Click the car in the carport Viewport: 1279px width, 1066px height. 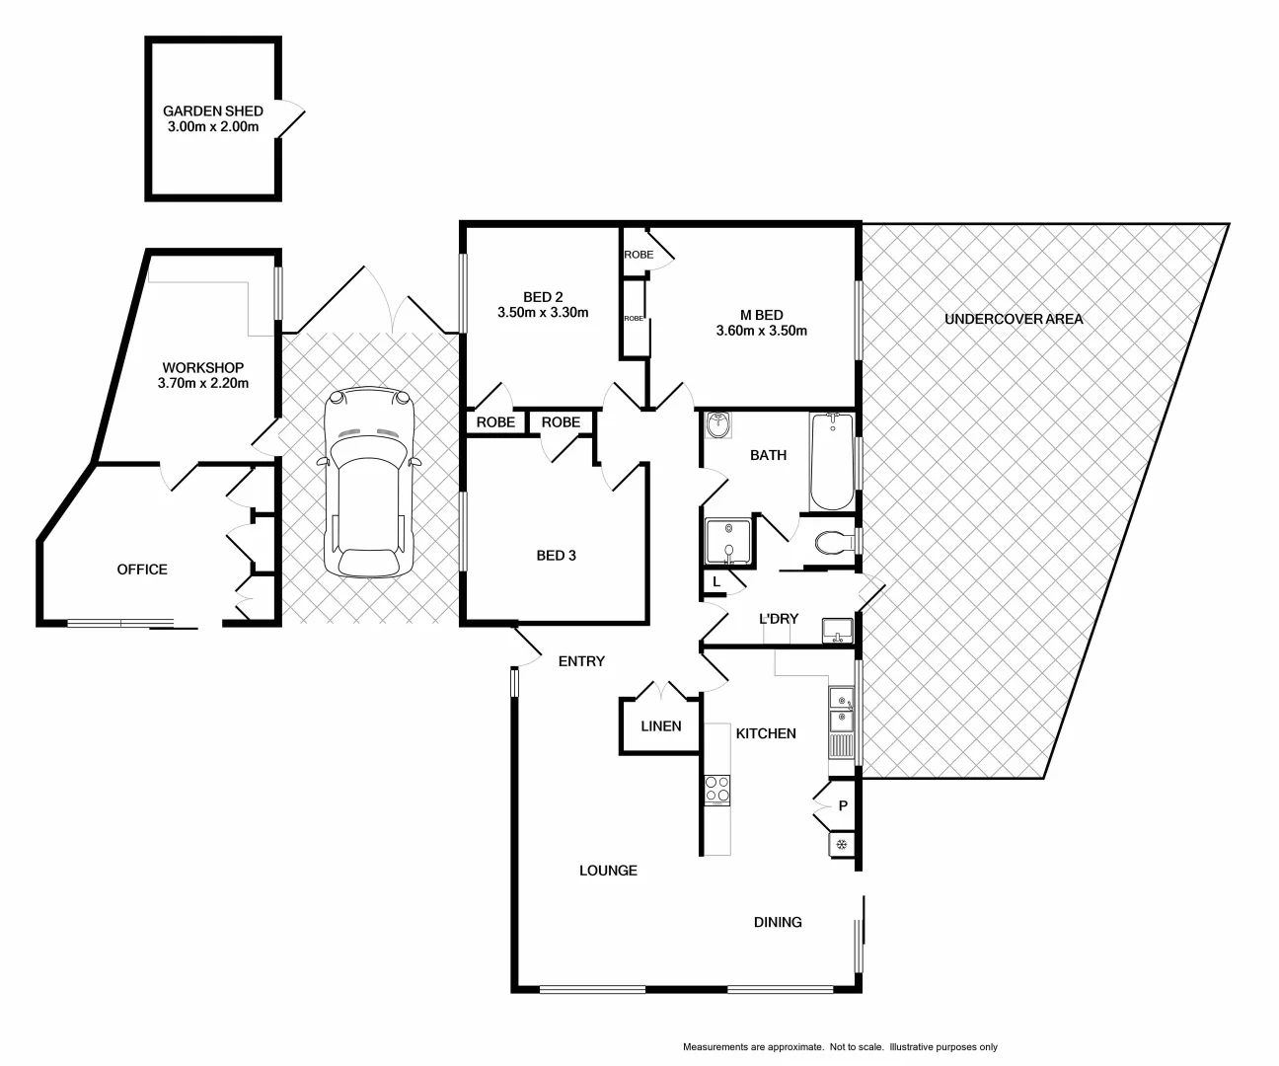click(367, 484)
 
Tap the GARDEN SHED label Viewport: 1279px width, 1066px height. click(212, 112)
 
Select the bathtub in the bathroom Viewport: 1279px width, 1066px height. click(830, 461)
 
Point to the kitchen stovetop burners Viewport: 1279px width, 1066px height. click(717, 789)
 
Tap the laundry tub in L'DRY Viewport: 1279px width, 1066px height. click(837, 629)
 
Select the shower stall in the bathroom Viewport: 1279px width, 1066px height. click(728, 543)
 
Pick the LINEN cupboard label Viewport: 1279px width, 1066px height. click(660, 726)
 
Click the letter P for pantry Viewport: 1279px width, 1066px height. click(843, 805)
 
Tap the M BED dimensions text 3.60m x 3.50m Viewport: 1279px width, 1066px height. click(761, 331)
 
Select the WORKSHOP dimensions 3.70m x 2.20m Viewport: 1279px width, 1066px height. click(202, 383)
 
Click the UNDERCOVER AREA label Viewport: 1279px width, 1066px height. click(1014, 319)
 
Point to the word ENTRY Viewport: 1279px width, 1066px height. click(581, 661)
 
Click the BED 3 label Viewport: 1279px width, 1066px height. click(556, 556)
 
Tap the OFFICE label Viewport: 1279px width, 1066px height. click(142, 570)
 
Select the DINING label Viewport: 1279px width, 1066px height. click(778, 922)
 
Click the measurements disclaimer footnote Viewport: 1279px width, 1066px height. click(840, 1047)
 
